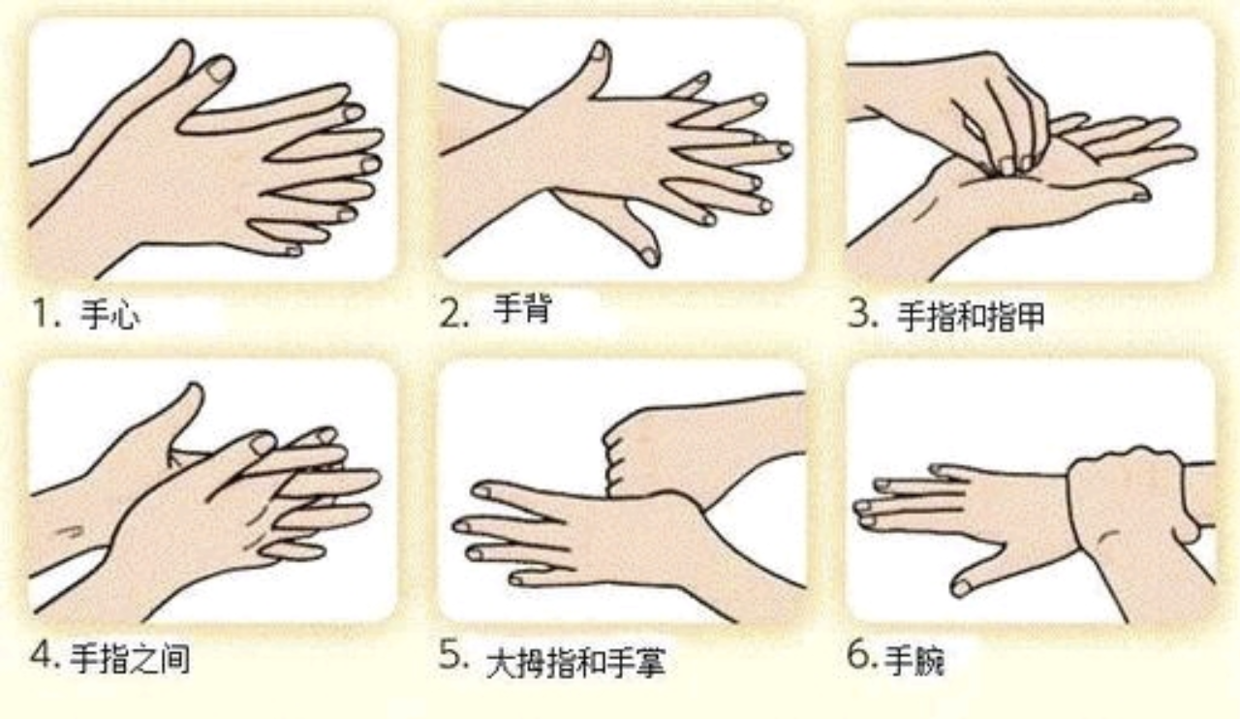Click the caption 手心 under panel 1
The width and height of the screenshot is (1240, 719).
tap(110, 316)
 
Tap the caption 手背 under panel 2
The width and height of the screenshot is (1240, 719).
tap(522, 308)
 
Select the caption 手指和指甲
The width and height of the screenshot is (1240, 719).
tap(971, 316)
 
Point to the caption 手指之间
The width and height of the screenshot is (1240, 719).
tap(130, 659)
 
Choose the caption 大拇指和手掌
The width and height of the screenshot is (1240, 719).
tap(575, 663)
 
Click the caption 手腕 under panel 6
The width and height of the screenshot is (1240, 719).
tap(914, 660)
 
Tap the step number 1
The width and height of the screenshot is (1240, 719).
tap(46, 314)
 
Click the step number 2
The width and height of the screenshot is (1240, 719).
tap(454, 314)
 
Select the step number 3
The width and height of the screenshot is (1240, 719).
tap(862, 314)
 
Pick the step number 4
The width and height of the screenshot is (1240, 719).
tap(45, 656)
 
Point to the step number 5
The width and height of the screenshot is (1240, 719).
tap(454, 654)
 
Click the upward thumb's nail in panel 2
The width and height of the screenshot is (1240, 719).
tap(599, 52)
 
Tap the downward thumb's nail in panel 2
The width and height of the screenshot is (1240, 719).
tap(650, 257)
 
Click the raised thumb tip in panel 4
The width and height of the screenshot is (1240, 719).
tap(194, 391)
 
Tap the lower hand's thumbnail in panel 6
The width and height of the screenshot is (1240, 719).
tap(962, 588)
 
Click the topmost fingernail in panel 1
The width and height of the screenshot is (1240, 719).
tap(220, 69)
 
